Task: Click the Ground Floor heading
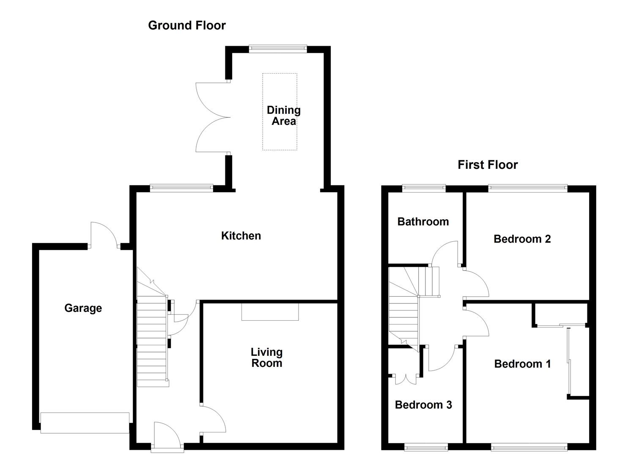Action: (186, 25)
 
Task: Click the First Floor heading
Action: (487, 165)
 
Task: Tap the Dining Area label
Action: (283, 116)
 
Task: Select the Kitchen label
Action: (241, 236)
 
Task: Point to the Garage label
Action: (83, 308)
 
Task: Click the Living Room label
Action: (266, 358)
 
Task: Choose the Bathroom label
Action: (423, 222)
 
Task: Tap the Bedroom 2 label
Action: (522, 239)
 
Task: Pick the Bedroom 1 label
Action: (522, 364)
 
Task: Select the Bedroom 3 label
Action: (423, 405)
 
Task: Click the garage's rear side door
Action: (104, 235)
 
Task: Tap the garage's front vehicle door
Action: (85, 422)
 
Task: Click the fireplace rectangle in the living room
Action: (270, 311)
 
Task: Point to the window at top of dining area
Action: (278, 49)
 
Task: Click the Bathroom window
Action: (423, 188)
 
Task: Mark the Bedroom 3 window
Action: (426, 446)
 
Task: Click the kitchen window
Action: (181, 188)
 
